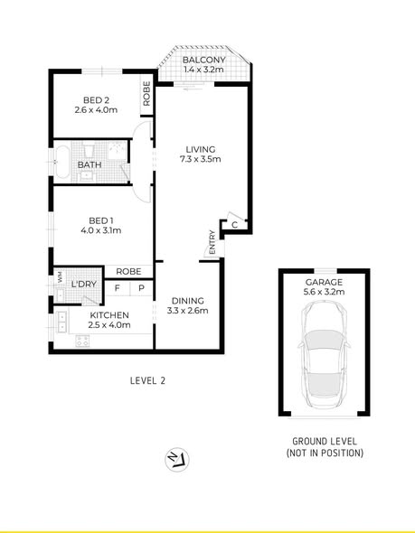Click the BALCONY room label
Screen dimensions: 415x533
(x=203, y=60)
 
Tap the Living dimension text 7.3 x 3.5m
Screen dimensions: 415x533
(x=201, y=159)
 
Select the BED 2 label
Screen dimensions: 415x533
(x=96, y=100)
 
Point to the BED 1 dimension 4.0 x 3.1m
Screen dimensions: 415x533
(x=101, y=230)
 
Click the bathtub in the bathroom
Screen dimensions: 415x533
(x=62, y=162)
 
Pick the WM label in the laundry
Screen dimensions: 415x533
(x=61, y=276)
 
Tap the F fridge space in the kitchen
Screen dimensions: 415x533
(x=117, y=288)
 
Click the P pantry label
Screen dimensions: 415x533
(x=142, y=288)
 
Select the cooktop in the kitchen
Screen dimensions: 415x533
(x=82, y=341)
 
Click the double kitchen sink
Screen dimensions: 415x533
(x=61, y=322)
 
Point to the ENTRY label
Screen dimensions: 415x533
(x=212, y=242)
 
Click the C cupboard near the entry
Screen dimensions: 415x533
(x=234, y=225)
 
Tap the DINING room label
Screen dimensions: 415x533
(x=188, y=301)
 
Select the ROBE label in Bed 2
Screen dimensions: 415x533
(x=146, y=93)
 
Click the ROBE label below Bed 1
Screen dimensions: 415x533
(x=128, y=272)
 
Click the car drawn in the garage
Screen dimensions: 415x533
(x=325, y=354)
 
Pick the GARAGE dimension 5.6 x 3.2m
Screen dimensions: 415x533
(x=324, y=292)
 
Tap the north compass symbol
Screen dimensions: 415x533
(x=177, y=460)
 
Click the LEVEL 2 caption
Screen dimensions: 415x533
(x=147, y=380)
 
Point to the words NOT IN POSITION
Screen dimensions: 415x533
(x=325, y=454)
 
